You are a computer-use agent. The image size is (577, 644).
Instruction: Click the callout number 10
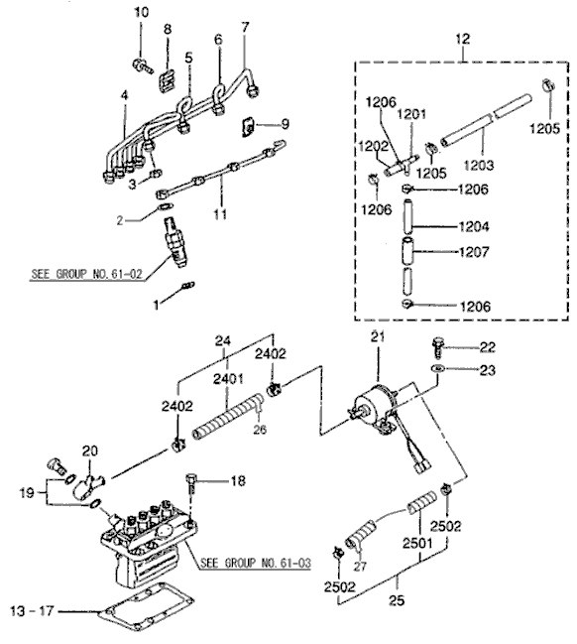[x=139, y=12]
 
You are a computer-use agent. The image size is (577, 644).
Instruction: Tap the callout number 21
[x=377, y=340]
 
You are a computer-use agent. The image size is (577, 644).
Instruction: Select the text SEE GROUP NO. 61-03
[x=256, y=563]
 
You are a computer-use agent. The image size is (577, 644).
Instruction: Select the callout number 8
[x=167, y=29]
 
